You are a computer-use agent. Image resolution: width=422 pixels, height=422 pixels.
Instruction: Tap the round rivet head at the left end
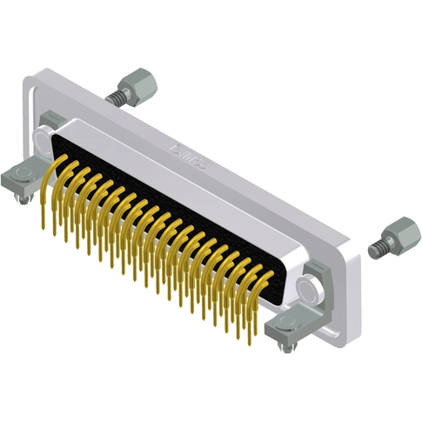coord(43,139)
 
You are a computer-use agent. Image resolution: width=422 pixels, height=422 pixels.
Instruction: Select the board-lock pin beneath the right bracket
coord(284,348)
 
